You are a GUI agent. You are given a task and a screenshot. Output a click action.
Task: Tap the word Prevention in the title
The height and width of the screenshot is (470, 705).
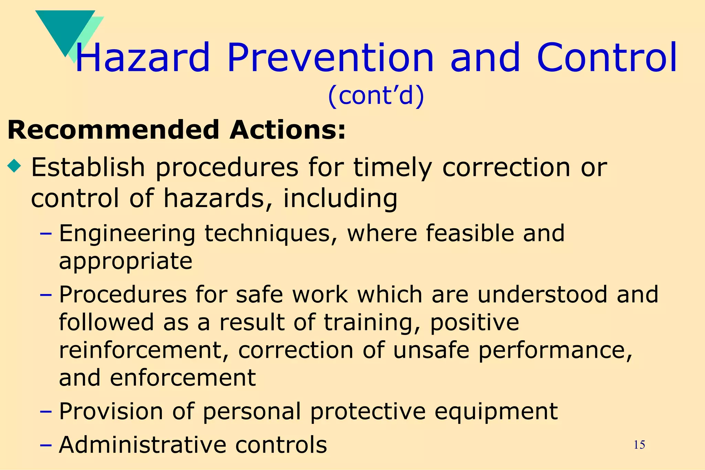[x=330, y=58]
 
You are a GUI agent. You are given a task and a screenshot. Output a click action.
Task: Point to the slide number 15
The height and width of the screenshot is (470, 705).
[x=639, y=445]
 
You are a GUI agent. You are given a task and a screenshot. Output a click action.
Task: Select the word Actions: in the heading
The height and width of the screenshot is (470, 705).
[x=287, y=130]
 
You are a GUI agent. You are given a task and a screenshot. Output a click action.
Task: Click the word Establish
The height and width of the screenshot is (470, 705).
[x=88, y=167]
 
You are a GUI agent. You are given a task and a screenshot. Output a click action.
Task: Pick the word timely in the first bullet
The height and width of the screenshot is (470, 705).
[x=393, y=168]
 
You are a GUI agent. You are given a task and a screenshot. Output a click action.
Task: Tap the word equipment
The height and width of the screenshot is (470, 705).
[x=496, y=412]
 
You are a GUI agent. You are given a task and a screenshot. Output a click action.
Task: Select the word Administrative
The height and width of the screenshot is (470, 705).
[x=143, y=445]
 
